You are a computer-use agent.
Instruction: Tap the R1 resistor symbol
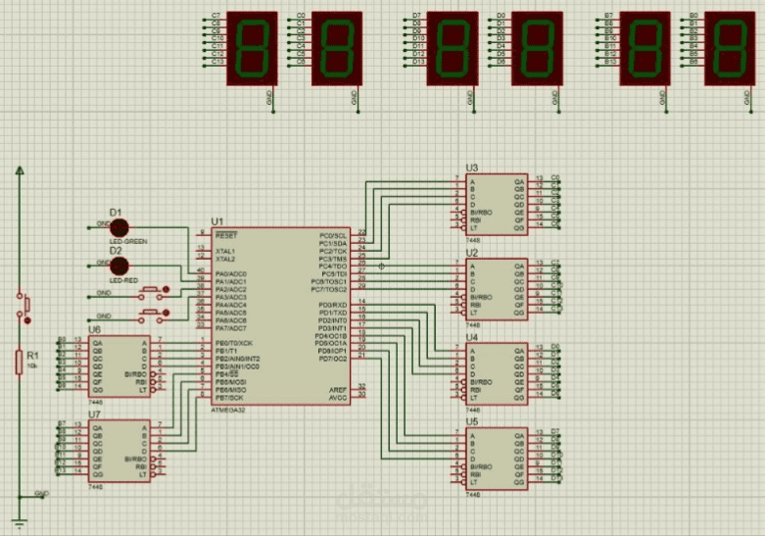click(x=19, y=362)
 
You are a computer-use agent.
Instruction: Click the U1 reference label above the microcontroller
click(x=216, y=222)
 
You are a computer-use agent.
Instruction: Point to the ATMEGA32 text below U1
click(x=230, y=410)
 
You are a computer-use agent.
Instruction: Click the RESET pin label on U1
click(x=225, y=235)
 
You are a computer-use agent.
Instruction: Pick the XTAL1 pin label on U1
click(x=225, y=251)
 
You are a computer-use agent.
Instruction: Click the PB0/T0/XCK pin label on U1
click(x=232, y=343)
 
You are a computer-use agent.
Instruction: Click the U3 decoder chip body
click(x=496, y=204)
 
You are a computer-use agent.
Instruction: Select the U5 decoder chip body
click(x=496, y=458)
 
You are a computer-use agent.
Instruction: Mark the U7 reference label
click(x=94, y=414)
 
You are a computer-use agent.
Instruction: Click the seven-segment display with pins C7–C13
click(x=253, y=48)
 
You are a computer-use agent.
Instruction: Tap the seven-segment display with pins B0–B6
click(x=730, y=48)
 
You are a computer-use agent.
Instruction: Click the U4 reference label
click(x=472, y=337)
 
